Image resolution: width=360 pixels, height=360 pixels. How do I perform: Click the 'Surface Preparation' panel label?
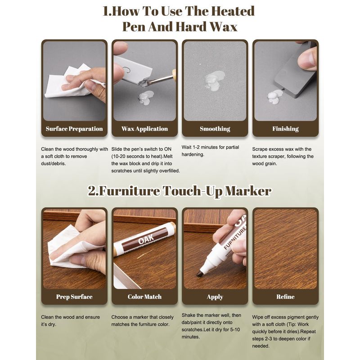point(74,129)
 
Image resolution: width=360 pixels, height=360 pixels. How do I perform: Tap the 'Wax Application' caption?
point(144,129)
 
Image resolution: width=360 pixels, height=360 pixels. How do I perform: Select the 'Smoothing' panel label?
point(215,129)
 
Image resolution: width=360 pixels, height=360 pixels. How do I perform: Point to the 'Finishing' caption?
point(285,129)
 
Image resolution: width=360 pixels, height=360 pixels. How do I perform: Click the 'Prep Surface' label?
point(74,297)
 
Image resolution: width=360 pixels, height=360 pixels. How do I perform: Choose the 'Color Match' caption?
point(144,297)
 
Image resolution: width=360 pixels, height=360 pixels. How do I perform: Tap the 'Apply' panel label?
point(215,297)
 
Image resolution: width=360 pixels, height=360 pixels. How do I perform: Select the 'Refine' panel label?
point(285,297)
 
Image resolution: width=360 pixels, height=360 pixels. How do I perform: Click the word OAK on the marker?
point(146,238)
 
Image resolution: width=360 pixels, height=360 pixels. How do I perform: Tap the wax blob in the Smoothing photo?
point(214,79)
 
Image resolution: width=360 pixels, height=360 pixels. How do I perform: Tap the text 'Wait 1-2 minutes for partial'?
point(210,147)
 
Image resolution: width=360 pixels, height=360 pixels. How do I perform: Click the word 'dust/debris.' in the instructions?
point(53,164)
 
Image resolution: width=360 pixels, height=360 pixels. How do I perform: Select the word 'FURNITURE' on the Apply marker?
point(235,238)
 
